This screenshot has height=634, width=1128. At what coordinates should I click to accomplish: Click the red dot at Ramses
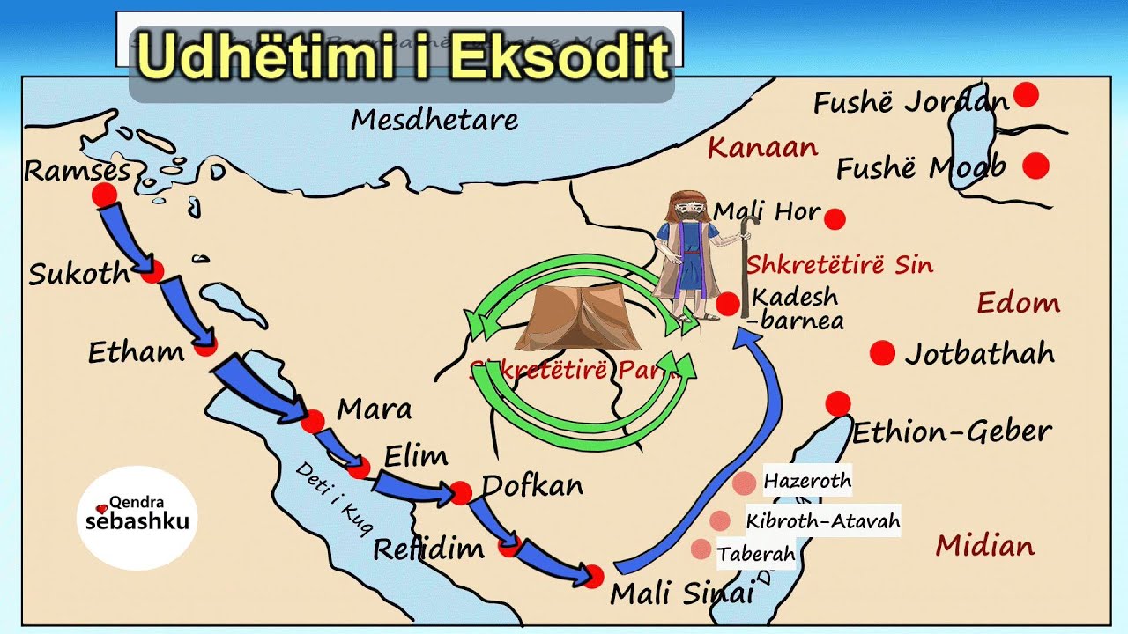point(105,195)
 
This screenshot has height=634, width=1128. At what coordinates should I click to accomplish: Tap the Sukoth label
point(78,274)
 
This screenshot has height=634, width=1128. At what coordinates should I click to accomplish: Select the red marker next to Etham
point(205,345)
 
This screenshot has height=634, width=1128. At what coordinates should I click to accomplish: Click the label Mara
point(374,409)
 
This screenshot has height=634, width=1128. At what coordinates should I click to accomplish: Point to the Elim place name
point(416,456)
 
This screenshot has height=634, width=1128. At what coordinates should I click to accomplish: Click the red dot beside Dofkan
point(461,493)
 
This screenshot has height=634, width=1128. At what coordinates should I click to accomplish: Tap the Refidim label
point(428,549)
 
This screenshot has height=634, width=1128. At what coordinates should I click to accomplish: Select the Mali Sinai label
point(682,593)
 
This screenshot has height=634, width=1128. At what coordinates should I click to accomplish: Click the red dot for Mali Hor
point(835,218)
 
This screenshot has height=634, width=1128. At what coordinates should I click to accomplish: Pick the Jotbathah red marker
point(882,353)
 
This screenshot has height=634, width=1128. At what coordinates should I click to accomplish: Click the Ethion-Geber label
point(951,432)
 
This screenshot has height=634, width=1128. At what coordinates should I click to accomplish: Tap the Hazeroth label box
point(807,481)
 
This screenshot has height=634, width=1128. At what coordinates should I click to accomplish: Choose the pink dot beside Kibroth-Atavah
point(720,520)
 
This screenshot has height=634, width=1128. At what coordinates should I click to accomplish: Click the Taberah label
point(756,555)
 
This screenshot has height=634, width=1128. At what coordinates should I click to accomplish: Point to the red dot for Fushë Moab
point(1035,165)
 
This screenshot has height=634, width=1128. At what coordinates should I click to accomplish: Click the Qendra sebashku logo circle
point(137,518)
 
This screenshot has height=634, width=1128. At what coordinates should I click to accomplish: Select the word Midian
point(984,546)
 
